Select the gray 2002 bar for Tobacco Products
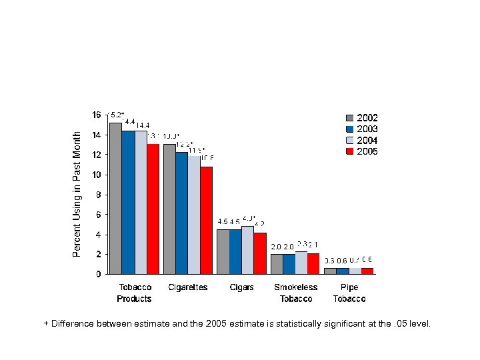[x=115, y=198]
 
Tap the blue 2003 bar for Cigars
[x=235, y=251]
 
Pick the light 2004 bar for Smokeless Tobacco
[x=301, y=263]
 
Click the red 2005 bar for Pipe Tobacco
[x=367, y=271]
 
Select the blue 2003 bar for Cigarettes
[x=181, y=213]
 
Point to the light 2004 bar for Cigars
[x=247, y=250]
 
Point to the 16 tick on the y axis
[x=97, y=115]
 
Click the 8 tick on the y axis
[x=99, y=195]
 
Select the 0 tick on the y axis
[x=99, y=274]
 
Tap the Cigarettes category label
[x=188, y=287]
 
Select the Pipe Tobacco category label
[x=349, y=293]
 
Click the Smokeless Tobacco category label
[x=296, y=293]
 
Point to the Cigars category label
[x=241, y=287]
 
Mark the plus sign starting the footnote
[x=46, y=323]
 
